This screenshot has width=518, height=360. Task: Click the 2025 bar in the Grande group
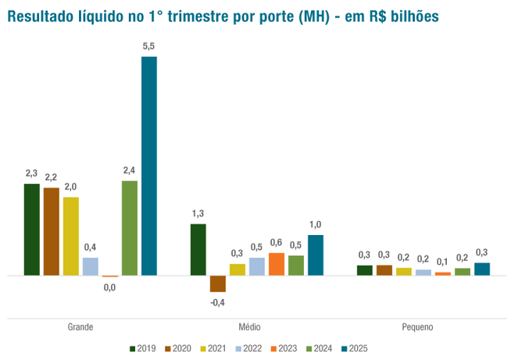pos(148,166)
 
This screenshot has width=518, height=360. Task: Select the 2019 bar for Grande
pos(31,230)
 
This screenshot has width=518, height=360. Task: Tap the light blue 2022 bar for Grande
pos(91,266)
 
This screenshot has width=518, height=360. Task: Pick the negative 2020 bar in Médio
pos(217,283)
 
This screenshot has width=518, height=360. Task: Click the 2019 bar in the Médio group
pos(198,250)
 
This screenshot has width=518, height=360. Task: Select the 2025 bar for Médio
pos(316,255)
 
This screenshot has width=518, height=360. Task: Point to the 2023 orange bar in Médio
pos(277,264)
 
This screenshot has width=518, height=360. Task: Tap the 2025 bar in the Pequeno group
pos(482,269)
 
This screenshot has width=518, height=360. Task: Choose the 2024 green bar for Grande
pos(130,228)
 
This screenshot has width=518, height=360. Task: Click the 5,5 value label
pos(148,48)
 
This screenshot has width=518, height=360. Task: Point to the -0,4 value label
pos(217,302)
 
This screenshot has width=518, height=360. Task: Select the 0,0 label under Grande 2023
pos(109,288)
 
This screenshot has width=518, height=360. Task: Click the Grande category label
pos(80,327)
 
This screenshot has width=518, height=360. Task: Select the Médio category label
pos(250,327)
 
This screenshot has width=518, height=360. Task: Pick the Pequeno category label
pos(417,327)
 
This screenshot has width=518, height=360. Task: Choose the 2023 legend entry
pos(282,348)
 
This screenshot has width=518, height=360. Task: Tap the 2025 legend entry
pos(354,348)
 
